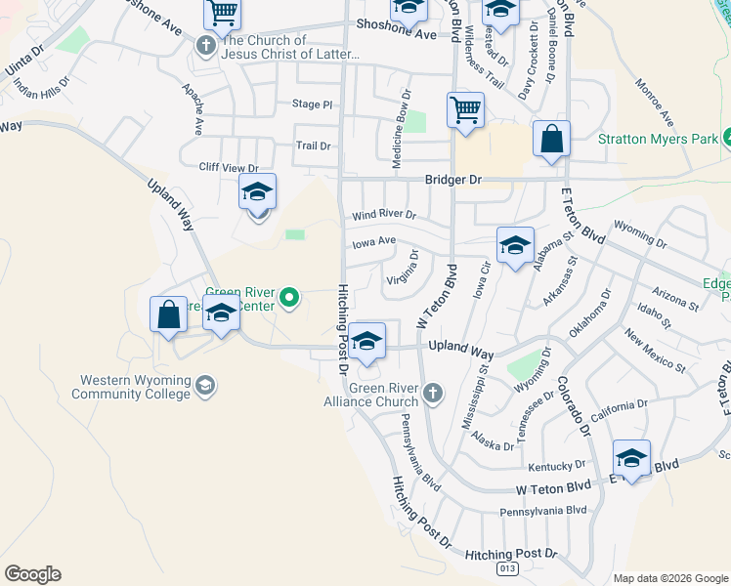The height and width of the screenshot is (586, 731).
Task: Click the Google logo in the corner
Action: [32, 574]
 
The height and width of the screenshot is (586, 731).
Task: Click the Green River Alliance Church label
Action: [384, 395]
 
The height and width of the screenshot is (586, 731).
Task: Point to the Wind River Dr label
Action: [384, 215]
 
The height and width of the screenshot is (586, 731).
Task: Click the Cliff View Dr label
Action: [228, 168]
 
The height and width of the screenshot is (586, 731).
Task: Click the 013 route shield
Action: [506, 566]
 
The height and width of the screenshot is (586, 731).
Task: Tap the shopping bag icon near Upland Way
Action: [168, 315]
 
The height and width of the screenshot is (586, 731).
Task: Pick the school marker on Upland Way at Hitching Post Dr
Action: [366, 341]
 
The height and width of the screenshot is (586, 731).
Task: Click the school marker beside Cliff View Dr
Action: [257, 192]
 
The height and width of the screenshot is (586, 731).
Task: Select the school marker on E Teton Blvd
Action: [631, 459]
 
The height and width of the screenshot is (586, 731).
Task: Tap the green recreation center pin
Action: [288, 297]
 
